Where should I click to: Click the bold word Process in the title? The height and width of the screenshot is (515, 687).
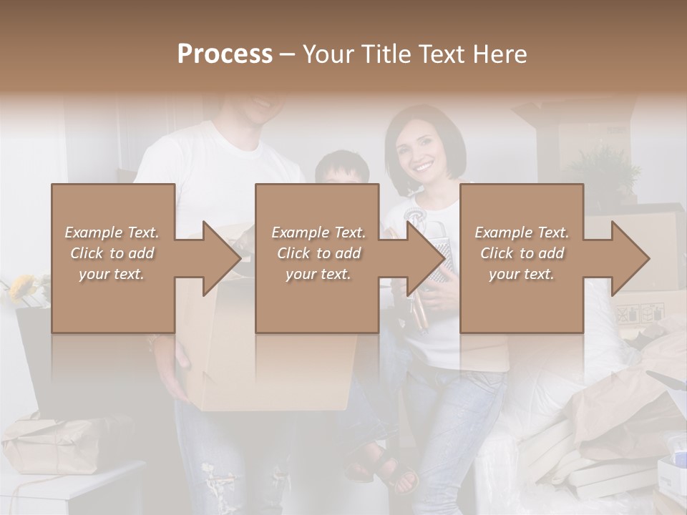[225, 54]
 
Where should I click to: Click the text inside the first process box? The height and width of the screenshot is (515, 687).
[112, 253]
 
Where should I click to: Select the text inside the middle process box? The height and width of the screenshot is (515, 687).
[318, 253]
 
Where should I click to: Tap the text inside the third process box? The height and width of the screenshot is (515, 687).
[522, 253]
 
